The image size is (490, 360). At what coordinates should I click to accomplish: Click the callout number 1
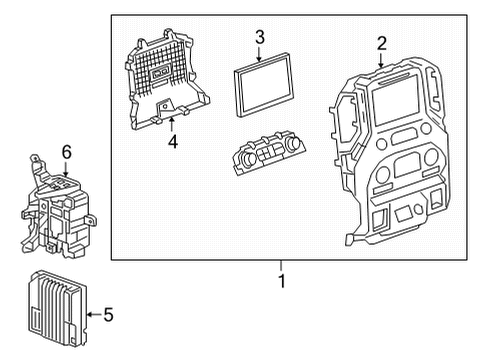click(x=282, y=282)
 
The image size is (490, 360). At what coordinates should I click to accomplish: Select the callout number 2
click(x=381, y=42)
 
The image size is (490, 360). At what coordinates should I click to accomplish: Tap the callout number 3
click(x=259, y=38)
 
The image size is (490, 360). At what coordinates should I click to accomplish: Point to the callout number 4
click(x=172, y=141)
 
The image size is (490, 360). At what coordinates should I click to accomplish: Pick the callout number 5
click(x=108, y=315)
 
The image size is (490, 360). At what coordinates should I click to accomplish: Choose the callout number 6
click(x=67, y=151)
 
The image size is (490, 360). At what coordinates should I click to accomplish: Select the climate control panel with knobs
click(x=265, y=155)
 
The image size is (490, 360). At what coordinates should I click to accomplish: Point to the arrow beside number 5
click(x=92, y=315)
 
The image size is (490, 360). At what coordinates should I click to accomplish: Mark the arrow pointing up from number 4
click(x=172, y=124)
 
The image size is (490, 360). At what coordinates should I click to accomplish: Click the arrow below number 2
click(x=381, y=60)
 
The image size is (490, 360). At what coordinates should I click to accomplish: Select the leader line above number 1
click(x=282, y=266)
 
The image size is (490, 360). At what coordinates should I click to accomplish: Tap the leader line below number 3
click(x=259, y=54)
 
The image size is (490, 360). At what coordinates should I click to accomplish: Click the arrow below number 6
click(x=67, y=169)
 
